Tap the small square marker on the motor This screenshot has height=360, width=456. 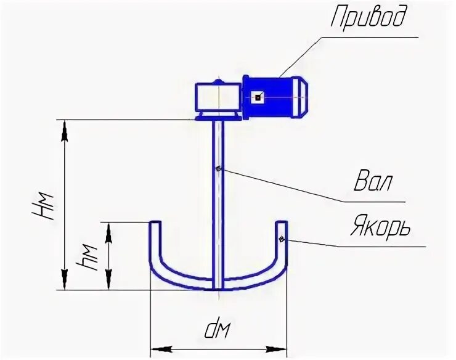tap(258, 97)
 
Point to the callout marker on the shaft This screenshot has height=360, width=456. tap(219, 168)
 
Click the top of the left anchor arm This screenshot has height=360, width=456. tap(156, 223)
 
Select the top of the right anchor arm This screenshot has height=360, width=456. tap(281, 223)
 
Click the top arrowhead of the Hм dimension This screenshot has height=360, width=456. tap(63, 126)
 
